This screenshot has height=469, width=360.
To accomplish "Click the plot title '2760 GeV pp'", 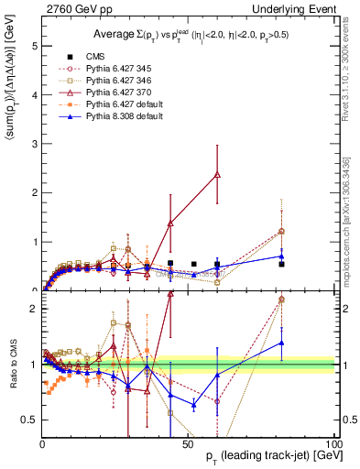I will pyautogui.click(x=74, y=8).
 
